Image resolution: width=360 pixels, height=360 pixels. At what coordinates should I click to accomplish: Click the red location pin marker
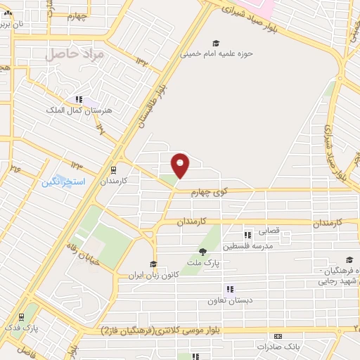(181, 165)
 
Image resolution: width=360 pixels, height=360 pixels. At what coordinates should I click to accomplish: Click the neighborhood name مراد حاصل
(74, 54)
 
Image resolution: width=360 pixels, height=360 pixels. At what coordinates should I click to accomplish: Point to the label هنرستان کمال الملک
(75, 110)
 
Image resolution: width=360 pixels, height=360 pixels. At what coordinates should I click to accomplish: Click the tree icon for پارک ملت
(202, 252)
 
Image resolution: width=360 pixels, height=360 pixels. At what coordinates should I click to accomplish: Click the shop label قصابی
(270, 230)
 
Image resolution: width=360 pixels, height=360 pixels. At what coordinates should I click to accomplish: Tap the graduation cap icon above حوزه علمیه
(216, 43)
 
